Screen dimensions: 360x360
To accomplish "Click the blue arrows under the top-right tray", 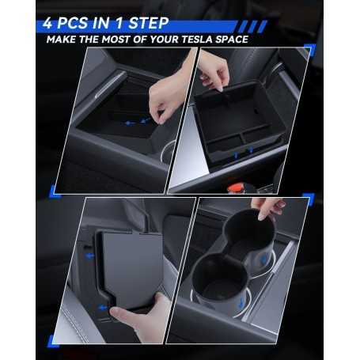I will (x=241, y=150).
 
